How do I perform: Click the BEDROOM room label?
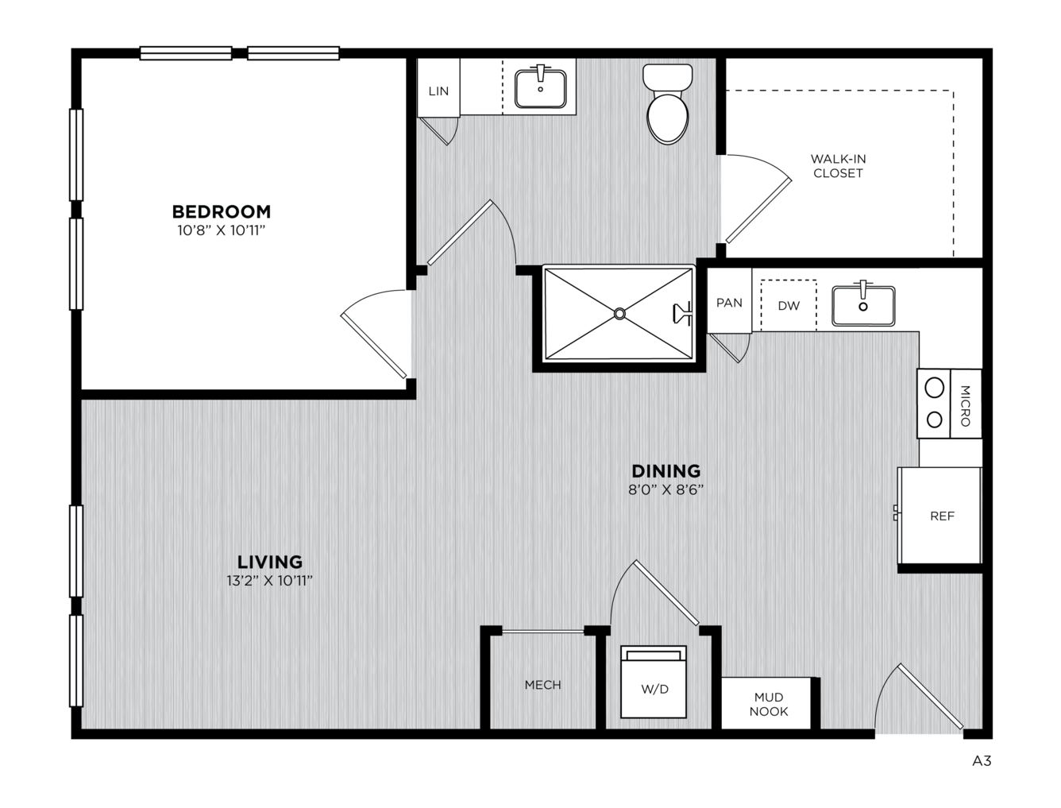pyautogui.click(x=222, y=211)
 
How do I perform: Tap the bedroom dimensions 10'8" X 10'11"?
pyautogui.click(x=222, y=230)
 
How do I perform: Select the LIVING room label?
pyautogui.click(x=270, y=562)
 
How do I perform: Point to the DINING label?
pyautogui.click(x=666, y=470)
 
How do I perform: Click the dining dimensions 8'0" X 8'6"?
pyautogui.click(x=666, y=490)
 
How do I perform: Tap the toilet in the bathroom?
pyautogui.click(x=668, y=104)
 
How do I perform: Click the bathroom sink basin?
pyautogui.click(x=540, y=88)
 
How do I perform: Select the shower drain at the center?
pyautogui.click(x=619, y=314)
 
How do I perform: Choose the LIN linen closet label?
pyautogui.click(x=438, y=91)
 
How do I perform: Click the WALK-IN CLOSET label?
pyautogui.click(x=838, y=166)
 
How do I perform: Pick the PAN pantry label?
pyautogui.click(x=729, y=303)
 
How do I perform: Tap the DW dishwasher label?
pyautogui.click(x=789, y=306)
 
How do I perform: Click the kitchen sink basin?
pyautogui.click(x=863, y=306)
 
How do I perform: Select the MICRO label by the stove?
pyautogui.click(x=965, y=406)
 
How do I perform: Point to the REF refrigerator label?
pyautogui.click(x=942, y=516)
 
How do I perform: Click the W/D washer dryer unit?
pyautogui.click(x=653, y=682)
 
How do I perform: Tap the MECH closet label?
pyautogui.click(x=543, y=685)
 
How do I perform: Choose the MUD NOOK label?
pyautogui.click(x=769, y=704)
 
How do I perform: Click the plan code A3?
pyautogui.click(x=982, y=761)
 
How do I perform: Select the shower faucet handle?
pyautogui.click(x=682, y=313)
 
